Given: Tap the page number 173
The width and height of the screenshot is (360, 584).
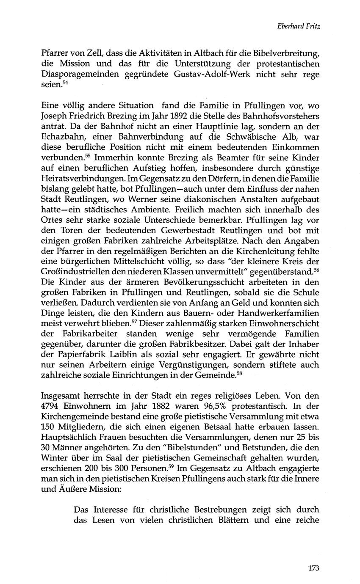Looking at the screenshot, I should click(313, 568).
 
